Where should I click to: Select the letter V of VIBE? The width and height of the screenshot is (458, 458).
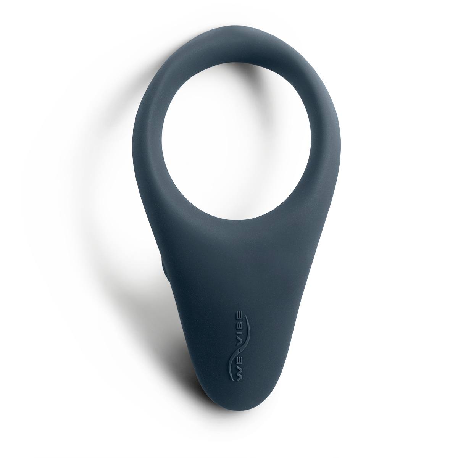(239, 349)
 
